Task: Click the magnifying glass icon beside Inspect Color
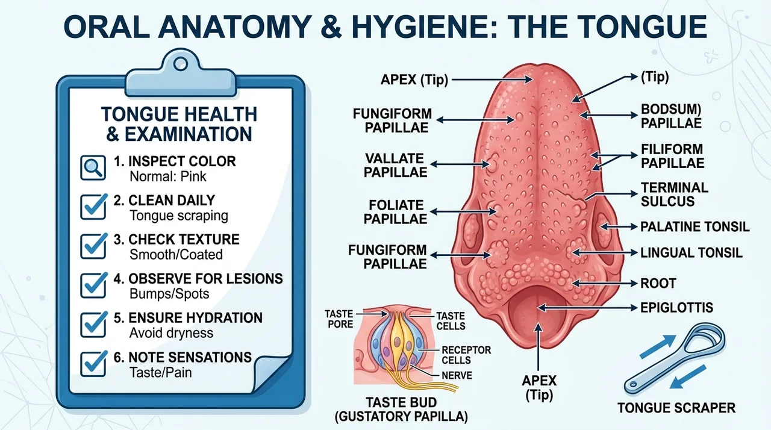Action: click(x=93, y=167)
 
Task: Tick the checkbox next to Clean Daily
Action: click(x=93, y=207)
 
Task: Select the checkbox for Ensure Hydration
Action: click(x=93, y=324)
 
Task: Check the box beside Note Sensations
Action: click(x=93, y=363)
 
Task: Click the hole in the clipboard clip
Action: click(x=180, y=64)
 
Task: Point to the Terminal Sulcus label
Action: click(x=674, y=195)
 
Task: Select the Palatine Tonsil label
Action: click(x=695, y=226)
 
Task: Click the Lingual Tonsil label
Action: click(x=691, y=253)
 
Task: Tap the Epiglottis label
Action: click(x=676, y=308)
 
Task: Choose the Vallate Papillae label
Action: click(x=396, y=165)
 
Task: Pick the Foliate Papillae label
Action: click(x=396, y=212)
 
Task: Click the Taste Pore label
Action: click(x=339, y=319)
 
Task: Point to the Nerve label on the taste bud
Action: click(x=457, y=375)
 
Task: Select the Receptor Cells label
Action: click(x=466, y=355)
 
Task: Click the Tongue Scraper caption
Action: click(x=676, y=408)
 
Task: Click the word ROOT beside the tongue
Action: click(x=658, y=284)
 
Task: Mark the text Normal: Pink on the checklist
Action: click(x=167, y=176)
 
